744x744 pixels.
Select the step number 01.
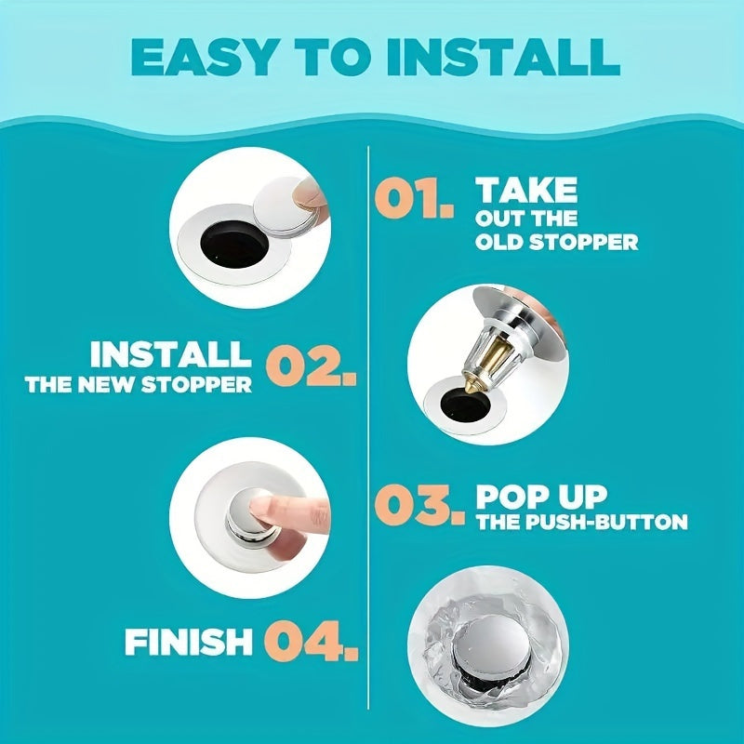click(413, 200)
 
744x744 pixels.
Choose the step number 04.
click(311, 641)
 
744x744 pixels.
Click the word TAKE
click(526, 190)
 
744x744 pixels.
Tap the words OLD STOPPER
click(556, 242)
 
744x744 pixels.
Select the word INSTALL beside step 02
click(171, 354)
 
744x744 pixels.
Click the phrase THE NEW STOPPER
click(139, 385)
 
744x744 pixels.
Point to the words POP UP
click(541, 497)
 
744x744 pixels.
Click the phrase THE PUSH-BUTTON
click(582, 522)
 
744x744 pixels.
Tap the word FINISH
click(189, 642)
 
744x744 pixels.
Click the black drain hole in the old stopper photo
click(234, 244)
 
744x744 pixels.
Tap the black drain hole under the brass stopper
click(465, 406)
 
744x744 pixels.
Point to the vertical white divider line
click(368, 427)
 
